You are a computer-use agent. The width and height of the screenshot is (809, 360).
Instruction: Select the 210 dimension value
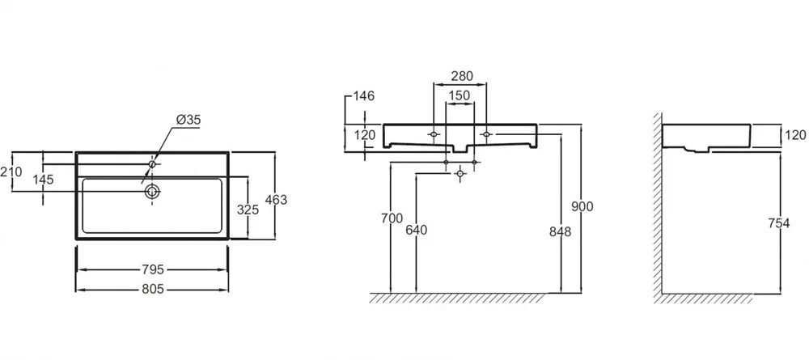click(11, 172)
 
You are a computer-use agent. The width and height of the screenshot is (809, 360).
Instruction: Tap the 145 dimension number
click(43, 180)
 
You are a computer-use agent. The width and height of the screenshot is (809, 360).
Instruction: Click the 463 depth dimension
click(277, 198)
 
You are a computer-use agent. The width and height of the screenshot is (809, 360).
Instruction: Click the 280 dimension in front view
click(461, 77)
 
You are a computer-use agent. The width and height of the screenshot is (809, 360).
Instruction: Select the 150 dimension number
click(460, 96)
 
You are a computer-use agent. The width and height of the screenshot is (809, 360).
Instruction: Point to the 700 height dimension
click(390, 218)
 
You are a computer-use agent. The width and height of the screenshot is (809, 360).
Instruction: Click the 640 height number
click(416, 230)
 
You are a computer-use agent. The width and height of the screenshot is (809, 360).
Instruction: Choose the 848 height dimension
click(560, 231)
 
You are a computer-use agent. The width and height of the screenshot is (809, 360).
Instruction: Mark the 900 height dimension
click(582, 206)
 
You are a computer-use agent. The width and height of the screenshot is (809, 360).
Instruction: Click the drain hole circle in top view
click(151, 192)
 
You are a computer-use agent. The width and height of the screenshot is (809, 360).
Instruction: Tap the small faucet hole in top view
click(151, 165)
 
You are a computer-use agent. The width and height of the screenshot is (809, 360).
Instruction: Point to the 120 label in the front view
click(366, 135)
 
